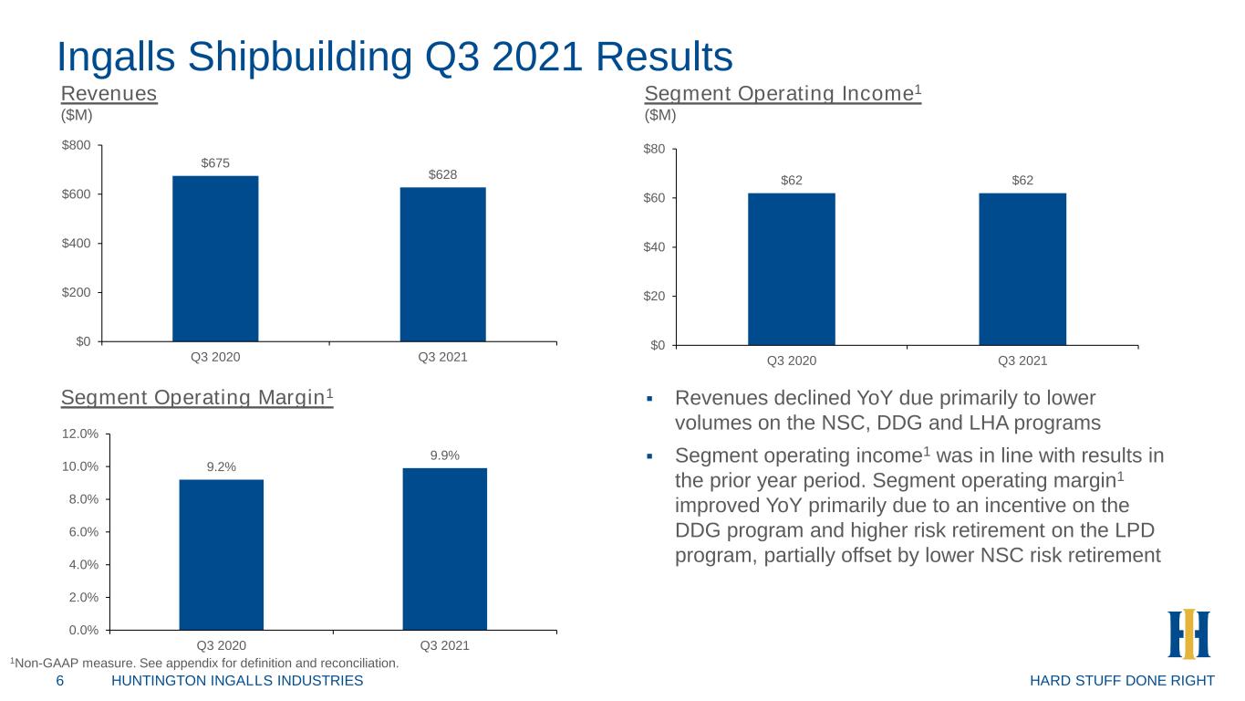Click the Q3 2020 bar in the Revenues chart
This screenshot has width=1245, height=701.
pyautogui.click(x=215, y=258)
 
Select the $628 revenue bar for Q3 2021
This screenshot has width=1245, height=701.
pyautogui.click(x=443, y=265)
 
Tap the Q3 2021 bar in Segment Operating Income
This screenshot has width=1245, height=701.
pyautogui.click(x=1022, y=269)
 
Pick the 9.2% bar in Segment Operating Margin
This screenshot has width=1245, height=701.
pyautogui.click(x=222, y=555)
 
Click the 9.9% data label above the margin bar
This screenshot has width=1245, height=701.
pyautogui.click(x=445, y=455)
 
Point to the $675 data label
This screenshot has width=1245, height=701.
pyautogui.click(x=215, y=163)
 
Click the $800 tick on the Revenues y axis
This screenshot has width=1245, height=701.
pyautogui.click(x=76, y=145)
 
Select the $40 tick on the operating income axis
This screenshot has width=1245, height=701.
pyautogui.click(x=654, y=247)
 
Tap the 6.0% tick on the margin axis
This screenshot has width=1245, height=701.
pyautogui.click(x=83, y=532)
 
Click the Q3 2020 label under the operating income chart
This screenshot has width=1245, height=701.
pyautogui.click(x=792, y=361)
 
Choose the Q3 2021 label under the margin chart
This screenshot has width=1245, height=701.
pyautogui.click(x=445, y=646)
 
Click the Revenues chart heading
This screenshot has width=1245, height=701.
pyautogui.click(x=109, y=93)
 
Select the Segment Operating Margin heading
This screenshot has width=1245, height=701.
pyautogui.click(x=197, y=397)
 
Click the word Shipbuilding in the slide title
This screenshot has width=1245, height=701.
pyautogui.click(x=300, y=58)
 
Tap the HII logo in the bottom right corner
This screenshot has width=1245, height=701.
pyautogui.click(x=1188, y=633)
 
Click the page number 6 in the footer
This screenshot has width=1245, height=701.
pyautogui.click(x=60, y=681)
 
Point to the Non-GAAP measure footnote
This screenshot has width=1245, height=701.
pyautogui.click(x=204, y=664)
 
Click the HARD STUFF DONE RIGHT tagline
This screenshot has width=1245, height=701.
pyautogui.click(x=1122, y=681)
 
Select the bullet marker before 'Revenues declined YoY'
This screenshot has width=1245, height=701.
pyautogui.click(x=649, y=399)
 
